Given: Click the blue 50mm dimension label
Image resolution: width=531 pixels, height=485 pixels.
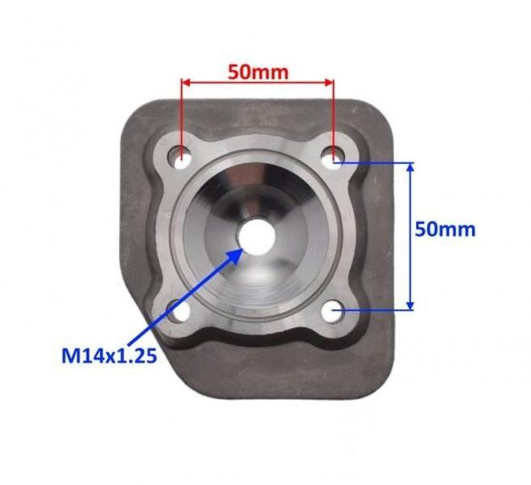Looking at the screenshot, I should pyautogui.click(x=445, y=229).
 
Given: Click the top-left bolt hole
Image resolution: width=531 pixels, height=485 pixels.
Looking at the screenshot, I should pyautogui.click(x=181, y=155).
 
